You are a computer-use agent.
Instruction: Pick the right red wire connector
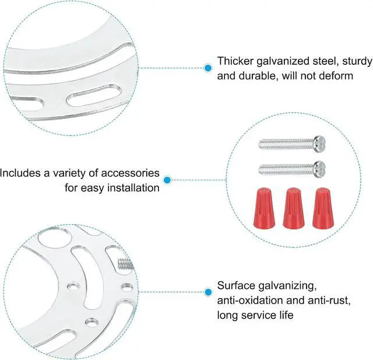[x=321, y=208]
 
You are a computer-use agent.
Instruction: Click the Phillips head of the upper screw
[x=318, y=142]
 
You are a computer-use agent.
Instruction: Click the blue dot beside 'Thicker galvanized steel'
[x=207, y=68]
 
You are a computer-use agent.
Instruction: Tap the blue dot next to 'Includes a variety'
[x=167, y=180]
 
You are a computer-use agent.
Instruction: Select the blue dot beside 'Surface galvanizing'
[x=207, y=291]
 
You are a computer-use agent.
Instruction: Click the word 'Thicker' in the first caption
[x=234, y=61]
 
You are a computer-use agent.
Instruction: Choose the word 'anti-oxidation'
[x=248, y=300]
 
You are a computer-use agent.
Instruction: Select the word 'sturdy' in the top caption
[x=356, y=61]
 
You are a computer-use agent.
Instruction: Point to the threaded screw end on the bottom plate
[x=125, y=264]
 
